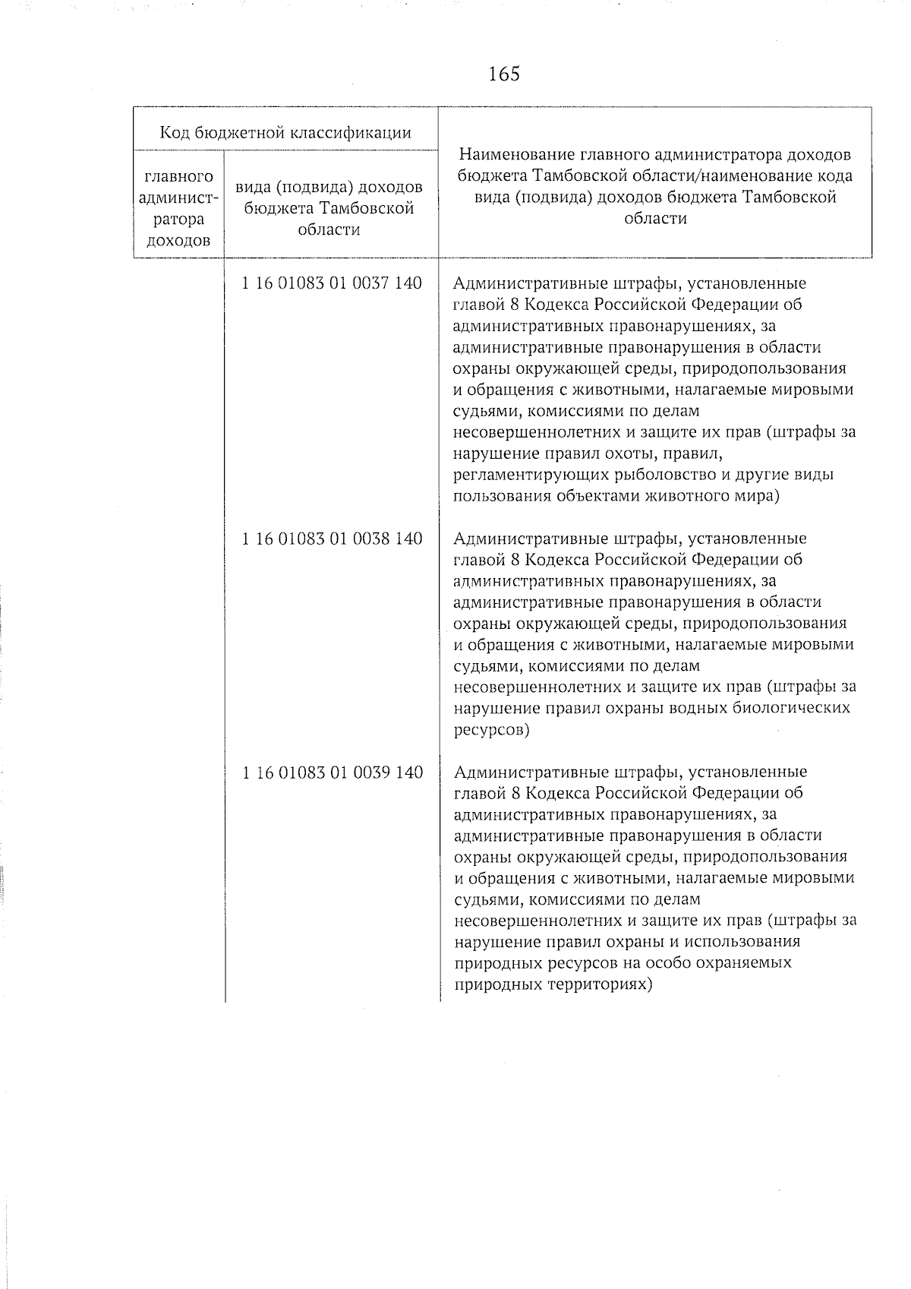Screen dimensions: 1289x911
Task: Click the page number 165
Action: [504, 74]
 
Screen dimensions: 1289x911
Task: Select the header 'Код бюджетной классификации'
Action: [285, 133]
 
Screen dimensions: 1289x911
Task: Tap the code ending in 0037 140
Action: [332, 283]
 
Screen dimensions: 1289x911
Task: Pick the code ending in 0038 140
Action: [332, 539]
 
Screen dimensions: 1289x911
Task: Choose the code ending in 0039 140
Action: [332, 772]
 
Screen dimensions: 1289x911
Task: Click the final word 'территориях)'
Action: [602, 985]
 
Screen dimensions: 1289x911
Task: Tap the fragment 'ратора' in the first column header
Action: [179, 220]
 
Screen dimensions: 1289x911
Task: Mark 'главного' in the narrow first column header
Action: [179, 177]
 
